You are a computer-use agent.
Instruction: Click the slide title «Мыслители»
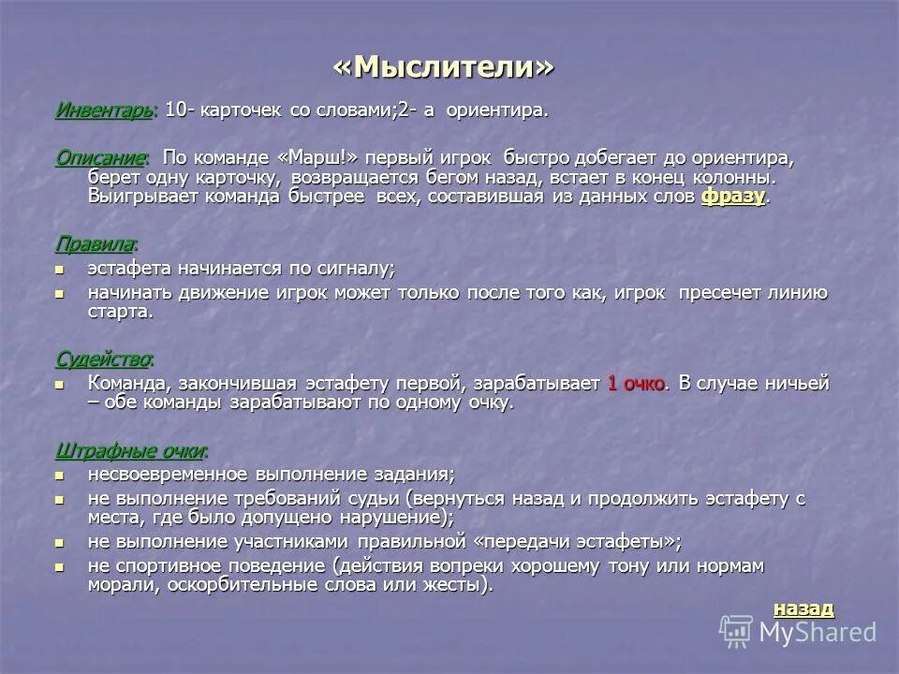point(444,66)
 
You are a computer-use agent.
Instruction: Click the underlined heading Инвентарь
point(103,110)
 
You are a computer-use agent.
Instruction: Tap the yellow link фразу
point(732,197)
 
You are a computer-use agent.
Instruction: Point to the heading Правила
point(95,244)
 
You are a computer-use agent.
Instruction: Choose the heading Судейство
point(104,359)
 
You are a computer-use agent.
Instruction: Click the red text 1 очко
point(636,384)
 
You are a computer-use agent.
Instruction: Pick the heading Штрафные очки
point(131,451)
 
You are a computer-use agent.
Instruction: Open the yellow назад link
point(803,608)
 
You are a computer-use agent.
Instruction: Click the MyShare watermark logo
point(798,631)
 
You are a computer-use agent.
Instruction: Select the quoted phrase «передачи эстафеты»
point(575,542)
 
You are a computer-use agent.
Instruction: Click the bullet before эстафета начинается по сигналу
point(61,269)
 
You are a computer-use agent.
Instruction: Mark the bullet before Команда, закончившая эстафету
point(61,384)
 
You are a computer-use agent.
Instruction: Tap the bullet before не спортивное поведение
point(61,566)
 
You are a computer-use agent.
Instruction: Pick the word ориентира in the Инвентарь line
point(495,110)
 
